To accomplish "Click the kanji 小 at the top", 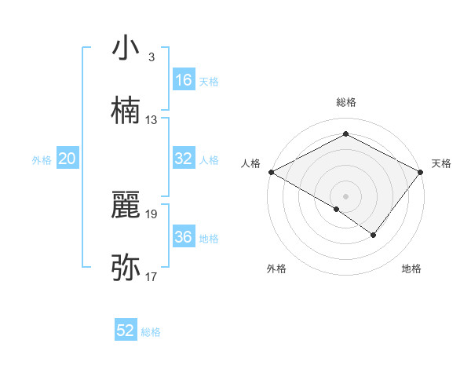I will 126,49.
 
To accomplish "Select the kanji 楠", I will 126,111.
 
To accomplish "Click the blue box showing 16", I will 184,80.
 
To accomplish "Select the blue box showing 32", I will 184,159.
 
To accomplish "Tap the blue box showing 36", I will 184,237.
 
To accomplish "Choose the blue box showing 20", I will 68,159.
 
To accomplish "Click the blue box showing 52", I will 126,331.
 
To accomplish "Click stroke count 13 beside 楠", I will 152,120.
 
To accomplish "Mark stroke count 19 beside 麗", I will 152,214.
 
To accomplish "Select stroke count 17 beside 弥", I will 152,276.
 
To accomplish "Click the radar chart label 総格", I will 346,102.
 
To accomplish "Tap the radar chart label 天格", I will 441,163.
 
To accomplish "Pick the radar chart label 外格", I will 276,269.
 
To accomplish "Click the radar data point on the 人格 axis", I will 270,171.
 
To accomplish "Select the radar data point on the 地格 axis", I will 374,235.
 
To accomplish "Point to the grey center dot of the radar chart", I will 345,195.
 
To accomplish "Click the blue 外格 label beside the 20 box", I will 42,159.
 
